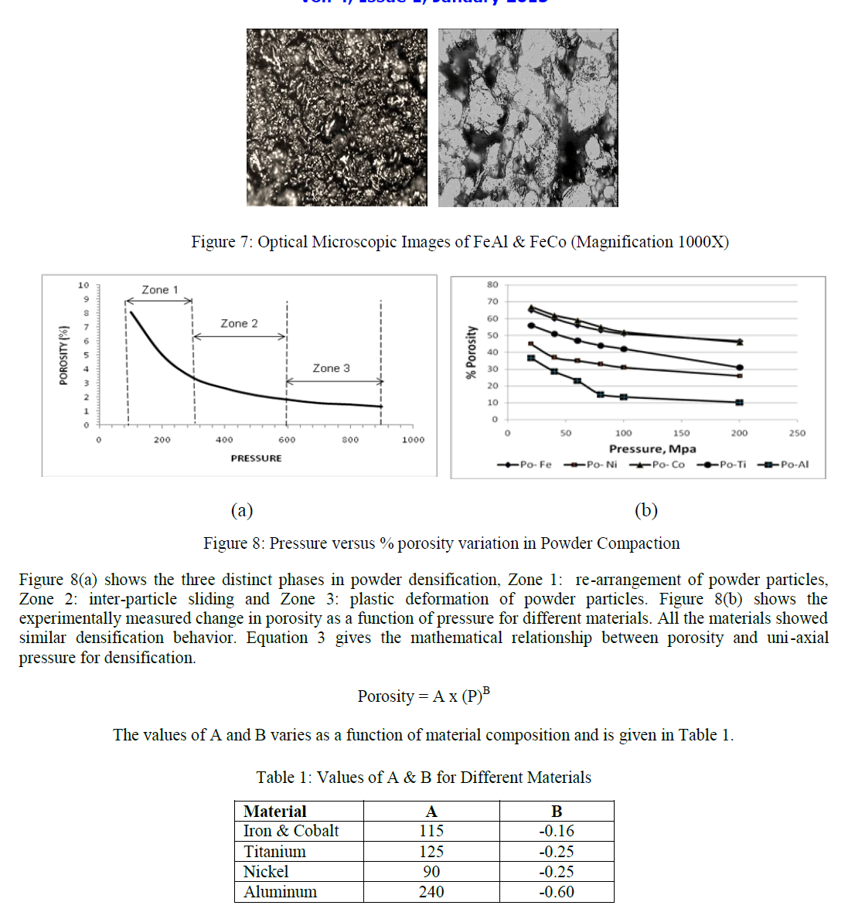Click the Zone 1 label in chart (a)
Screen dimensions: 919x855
[160, 290]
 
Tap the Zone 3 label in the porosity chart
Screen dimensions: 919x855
[331, 369]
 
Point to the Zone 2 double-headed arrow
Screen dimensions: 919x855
[240, 336]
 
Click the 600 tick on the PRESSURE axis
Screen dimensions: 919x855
[287, 440]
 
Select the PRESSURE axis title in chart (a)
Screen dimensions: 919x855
[256, 458]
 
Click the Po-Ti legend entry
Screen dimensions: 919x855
[722, 465]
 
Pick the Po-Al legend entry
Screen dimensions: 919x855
[784, 465]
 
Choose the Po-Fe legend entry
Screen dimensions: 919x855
[525, 465]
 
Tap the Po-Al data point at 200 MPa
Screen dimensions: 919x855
[740, 403]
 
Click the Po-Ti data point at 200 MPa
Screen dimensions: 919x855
[740, 368]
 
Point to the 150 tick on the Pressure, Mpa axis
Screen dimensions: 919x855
[681, 434]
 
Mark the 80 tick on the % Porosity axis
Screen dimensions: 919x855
[492, 284]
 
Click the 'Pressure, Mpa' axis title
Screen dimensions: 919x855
[652, 449]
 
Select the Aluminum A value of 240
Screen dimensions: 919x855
[431, 892]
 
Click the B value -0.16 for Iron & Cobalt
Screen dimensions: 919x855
[557, 831]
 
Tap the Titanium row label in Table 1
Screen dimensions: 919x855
[274, 852]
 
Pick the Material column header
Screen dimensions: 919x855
[274, 812]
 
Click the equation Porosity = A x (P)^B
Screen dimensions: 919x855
[424, 696]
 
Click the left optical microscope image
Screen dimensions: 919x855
[336, 117]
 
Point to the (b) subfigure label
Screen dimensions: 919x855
[646, 510]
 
